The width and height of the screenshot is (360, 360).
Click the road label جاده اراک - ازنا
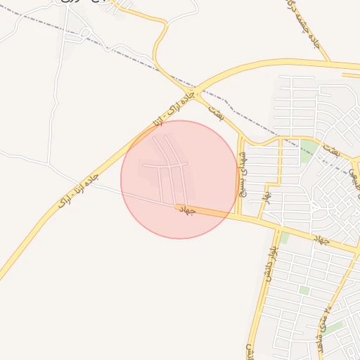point(169,109)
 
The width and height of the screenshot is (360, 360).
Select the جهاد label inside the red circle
point(186,210)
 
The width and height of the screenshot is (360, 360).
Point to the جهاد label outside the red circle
point(321,240)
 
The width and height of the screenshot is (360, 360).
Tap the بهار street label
point(268,192)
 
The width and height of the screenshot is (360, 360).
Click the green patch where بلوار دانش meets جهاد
point(284,238)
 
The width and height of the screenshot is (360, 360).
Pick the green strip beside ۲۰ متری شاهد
point(333,327)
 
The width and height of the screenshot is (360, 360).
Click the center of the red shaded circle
point(179,179)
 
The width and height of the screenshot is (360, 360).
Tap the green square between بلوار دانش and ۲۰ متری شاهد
point(304,290)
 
